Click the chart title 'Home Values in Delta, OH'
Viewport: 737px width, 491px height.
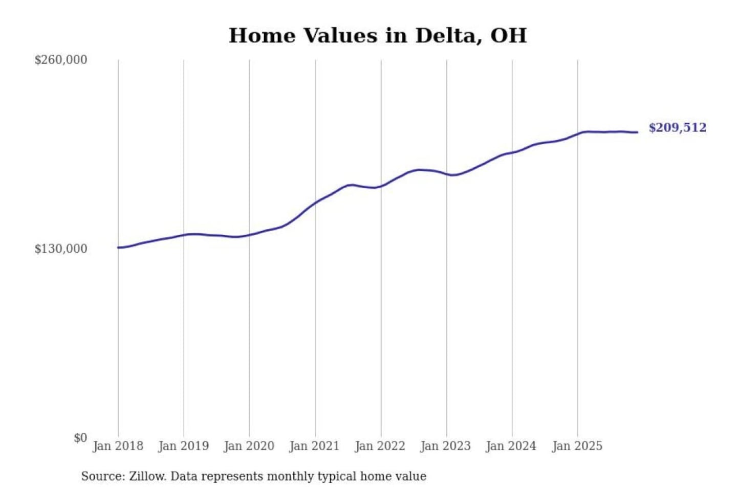pyautogui.click(x=377, y=36)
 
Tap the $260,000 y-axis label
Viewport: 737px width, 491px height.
pyautogui.click(x=60, y=60)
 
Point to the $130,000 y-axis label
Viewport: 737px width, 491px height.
pyautogui.click(x=60, y=249)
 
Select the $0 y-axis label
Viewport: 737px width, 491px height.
pyautogui.click(x=80, y=438)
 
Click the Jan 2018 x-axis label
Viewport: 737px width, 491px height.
pyautogui.click(x=118, y=446)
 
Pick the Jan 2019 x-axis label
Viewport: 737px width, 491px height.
pyautogui.click(x=183, y=446)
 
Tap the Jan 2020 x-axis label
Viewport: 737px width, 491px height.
pyautogui.click(x=249, y=446)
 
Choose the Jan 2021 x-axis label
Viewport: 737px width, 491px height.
pyautogui.click(x=314, y=446)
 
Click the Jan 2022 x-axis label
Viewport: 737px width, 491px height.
pyautogui.click(x=380, y=446)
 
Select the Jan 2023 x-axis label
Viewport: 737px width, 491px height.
pyautogui.click(x=445, y=446)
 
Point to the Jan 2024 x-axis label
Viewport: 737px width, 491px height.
pyautogui.click(x=511, y=446)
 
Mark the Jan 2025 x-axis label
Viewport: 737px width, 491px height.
pyautogui.click(x=577, y=446)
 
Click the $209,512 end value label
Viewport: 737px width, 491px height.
pyautogui.click(x=677, y=128)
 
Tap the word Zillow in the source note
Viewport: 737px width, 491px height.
pyautogui.click(x=147, y=477)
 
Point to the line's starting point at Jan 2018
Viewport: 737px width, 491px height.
pyautogui.click(x=119, y=248)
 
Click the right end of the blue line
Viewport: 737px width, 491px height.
pyautogui.click(x=637, y=132)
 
